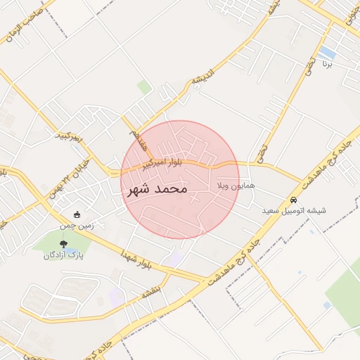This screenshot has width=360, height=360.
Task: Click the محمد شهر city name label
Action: point(157,190)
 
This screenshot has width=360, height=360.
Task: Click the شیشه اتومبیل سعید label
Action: point(293,210)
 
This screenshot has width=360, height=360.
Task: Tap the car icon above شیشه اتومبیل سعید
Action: point(293,199)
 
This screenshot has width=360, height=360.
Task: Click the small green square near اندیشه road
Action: point(144,87)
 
